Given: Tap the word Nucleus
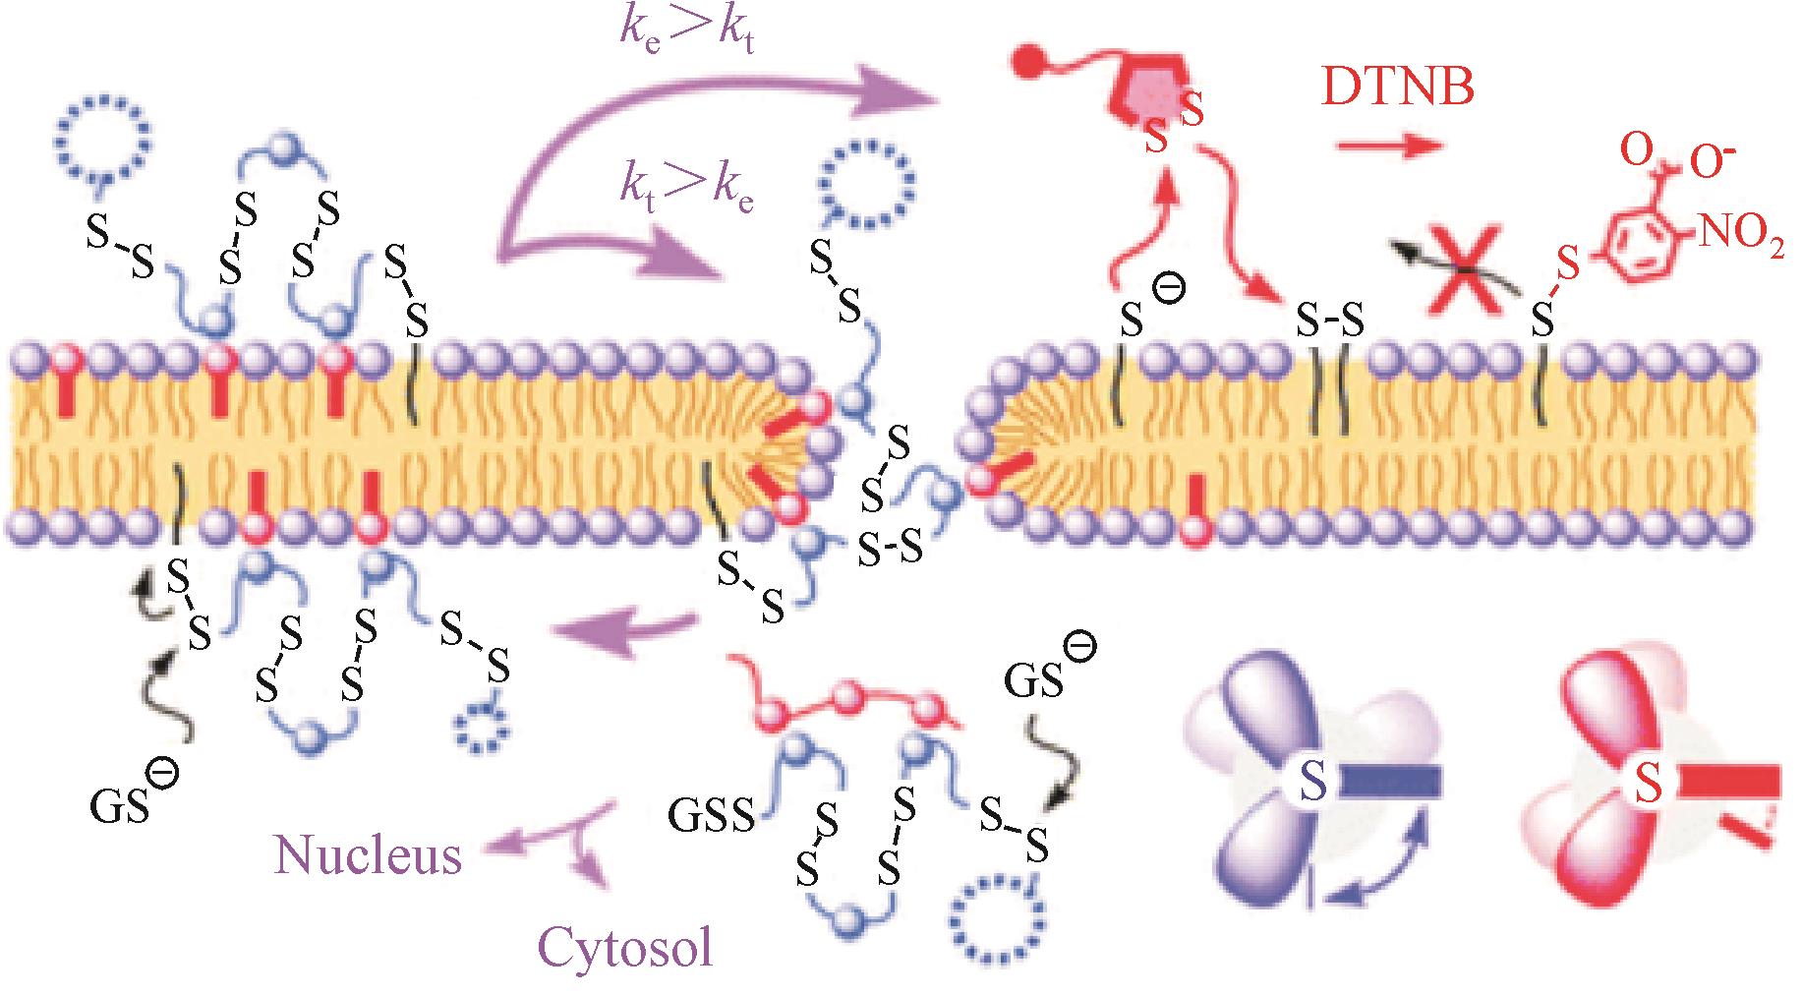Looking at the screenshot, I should (x=369, y=855).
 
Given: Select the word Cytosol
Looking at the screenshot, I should (x=625, y=949).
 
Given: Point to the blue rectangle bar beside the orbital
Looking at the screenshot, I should (x=1392, y=781).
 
